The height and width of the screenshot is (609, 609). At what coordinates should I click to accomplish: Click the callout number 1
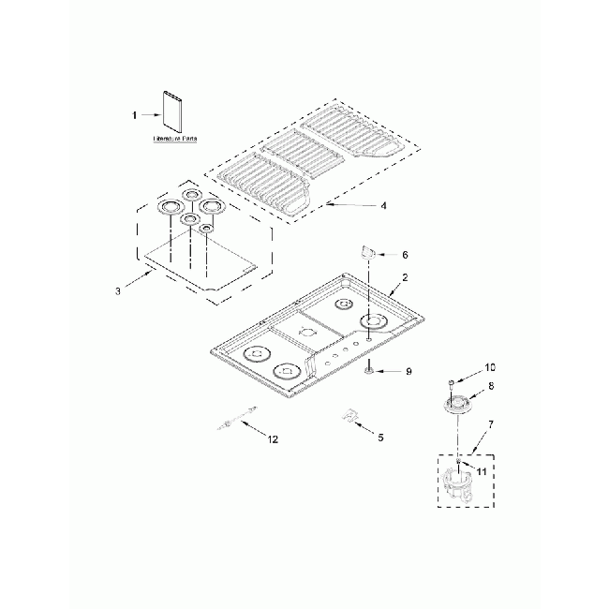click(x=134, y=114)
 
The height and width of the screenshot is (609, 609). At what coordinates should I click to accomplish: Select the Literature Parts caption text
click(x=175, y=138)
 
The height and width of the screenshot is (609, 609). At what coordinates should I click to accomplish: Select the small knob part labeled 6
click(x=368, y=251)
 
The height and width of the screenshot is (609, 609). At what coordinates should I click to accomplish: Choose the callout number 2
click(x=405, y=278)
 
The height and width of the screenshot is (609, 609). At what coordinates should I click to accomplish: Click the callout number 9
click(x=408, y=372)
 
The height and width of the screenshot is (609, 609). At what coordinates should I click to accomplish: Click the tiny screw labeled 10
click(x=452, y=381)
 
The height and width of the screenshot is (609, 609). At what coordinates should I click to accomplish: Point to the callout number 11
click(x=480, y=472)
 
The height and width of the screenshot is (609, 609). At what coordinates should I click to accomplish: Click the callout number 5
click(x=379, y=437)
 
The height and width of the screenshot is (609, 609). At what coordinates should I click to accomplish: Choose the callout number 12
click(x=273, y=438)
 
